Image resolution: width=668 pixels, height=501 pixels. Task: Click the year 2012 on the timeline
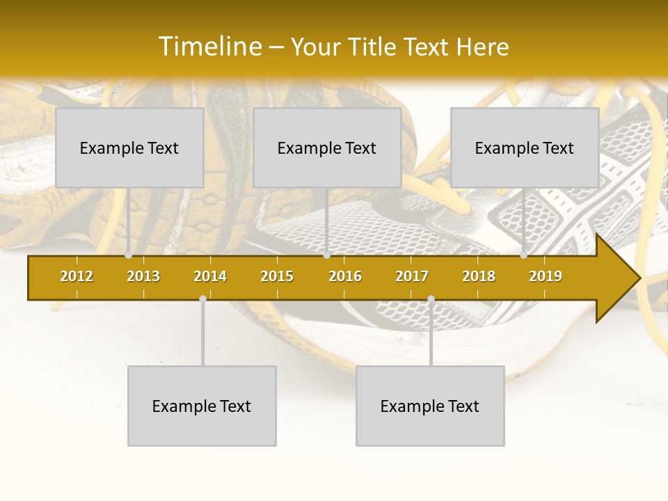tap(77, 276)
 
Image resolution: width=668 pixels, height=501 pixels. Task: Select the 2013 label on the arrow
tap(143, 276)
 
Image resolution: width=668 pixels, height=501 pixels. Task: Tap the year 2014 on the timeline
tap(210, 276)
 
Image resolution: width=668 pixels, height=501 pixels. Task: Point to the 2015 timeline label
tap(277, 276)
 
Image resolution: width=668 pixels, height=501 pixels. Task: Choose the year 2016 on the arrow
tap(345, 276)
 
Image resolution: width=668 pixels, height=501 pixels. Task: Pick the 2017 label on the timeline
tap(412, 276)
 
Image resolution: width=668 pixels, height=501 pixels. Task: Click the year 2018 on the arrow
tap(479, 276)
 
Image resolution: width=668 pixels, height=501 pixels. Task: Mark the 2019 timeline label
tap(546, 276)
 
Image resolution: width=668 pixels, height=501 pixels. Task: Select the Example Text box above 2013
tap(129, 148)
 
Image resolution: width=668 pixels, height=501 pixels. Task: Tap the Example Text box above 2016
tap(327, 148)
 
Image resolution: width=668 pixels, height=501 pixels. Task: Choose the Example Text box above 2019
tap(525, 148)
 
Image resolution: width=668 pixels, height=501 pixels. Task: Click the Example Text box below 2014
tap(202, 406)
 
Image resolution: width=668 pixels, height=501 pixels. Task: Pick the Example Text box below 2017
tap(430, 406)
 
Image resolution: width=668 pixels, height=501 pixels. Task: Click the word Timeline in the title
tap(209, 47)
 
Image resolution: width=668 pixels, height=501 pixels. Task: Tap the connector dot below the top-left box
tap(129, 255)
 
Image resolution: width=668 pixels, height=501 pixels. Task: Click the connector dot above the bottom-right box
tap(431, 299)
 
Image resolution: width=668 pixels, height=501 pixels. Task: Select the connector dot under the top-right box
tap(524, 255)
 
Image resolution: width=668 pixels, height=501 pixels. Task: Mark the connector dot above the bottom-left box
tap(202, 299)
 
